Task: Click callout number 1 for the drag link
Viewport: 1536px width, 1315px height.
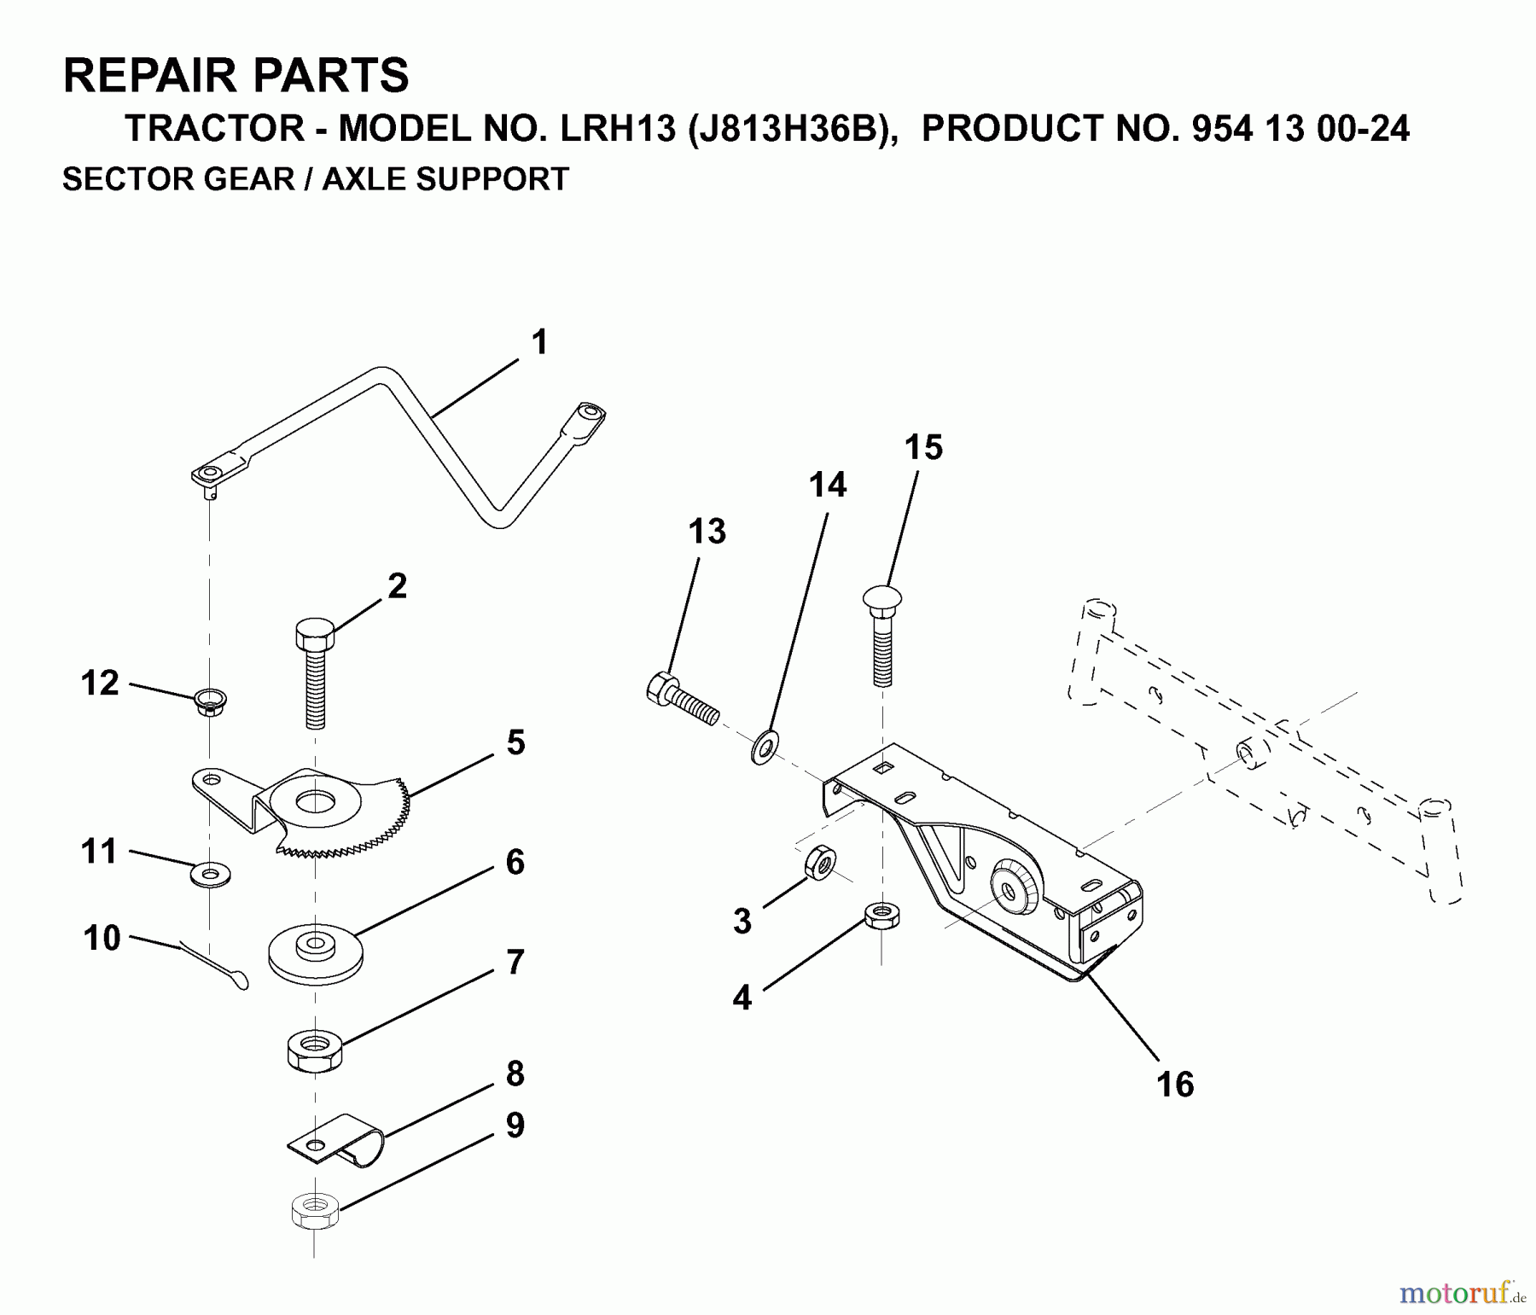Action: pos(538,342)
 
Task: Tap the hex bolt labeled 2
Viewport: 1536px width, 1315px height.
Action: pos(315,673)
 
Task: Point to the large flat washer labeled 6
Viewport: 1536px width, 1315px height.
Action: pos(316,949)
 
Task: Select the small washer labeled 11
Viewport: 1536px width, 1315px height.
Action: pos(210,874)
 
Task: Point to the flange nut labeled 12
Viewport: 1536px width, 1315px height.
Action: pos(210,702)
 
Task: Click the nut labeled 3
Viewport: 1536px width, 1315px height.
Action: pos(820,863)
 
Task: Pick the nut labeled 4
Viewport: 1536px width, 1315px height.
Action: pos(881,916)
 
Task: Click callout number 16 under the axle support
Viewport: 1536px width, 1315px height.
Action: pos(1174,1085)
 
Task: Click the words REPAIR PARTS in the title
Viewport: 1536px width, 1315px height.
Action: pos(236,75)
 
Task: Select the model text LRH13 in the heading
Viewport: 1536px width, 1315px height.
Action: pos(618,129)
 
